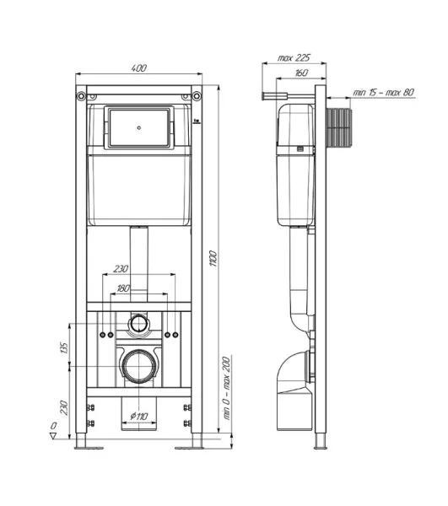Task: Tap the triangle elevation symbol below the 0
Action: pos(51,436)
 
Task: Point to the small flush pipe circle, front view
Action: pos(138,322)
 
